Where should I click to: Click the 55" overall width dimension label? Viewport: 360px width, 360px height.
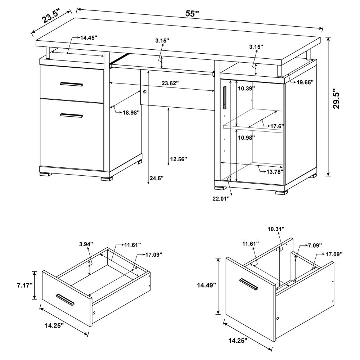pyautogui.click(x=192, y=14)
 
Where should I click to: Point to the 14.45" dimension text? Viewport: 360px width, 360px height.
pyautogui.click(x=89, y=37)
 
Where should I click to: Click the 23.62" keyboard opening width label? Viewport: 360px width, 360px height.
pyautogui.click(x=170, y=83)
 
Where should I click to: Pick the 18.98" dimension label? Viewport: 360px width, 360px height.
pyautogui.click(x=131, y=113)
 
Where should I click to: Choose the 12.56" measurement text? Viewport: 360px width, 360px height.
pyautogui.click(x=179, y=159)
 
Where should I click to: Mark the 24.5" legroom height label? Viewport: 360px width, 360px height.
pyautogui.click(x=157, y=178)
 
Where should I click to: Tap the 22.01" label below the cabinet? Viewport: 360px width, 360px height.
pyautogui.click(x=221, y=198)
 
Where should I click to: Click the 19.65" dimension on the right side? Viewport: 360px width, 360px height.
pyautogui.click(x=305, y=82)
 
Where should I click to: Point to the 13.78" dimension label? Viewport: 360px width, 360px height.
pyautogui.click(x=275, y=171)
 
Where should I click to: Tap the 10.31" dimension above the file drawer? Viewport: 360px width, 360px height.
pyautogui.click(x=276, y=229)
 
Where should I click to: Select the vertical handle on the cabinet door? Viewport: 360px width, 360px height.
pyautogui.click(x=225, y=97)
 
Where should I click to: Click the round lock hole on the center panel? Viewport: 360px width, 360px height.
pyautogui.click(x=145, y=92)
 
